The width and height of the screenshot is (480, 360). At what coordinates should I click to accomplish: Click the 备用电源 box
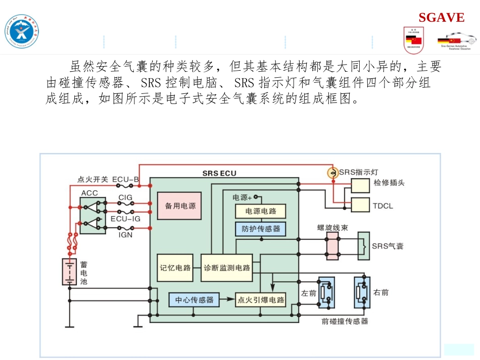pyautogui.click(x=179, y=205)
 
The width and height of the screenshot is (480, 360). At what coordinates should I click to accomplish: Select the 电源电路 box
pyautogui.click(x=260, y=211)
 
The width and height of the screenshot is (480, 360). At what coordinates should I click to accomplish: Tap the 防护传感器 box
pyautogui.click(x=260, y=229)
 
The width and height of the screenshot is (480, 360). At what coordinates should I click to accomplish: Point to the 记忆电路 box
pyautogui.click(x=175, y=267)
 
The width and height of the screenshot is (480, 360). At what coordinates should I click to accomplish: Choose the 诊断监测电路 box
pyautogui.click(x=227, y=267)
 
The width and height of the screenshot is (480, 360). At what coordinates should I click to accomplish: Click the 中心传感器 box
pyautogui.click(x=194, y=299)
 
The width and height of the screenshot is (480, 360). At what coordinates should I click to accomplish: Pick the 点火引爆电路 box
pyautogui.click(x=261, y=299)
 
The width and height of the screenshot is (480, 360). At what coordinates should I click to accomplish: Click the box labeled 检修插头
pyautogui.click(x=360, y=185)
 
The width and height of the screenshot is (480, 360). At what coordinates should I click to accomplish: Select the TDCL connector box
pyautogui.click(x=360, y=205)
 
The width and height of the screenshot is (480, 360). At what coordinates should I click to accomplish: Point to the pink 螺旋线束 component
pyautogui.click(x=332, y=246)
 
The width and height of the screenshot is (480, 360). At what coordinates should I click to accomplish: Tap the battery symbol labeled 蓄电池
pyautogui.click(x=69, y=272)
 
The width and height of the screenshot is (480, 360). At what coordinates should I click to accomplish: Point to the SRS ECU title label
pyautogui.click(x=219, y=173)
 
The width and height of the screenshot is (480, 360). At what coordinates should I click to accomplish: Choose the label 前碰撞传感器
pyautogui.click(x=345, y=321)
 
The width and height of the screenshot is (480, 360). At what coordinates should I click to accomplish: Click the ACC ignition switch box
pyautogui.click(x=92, y=216)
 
